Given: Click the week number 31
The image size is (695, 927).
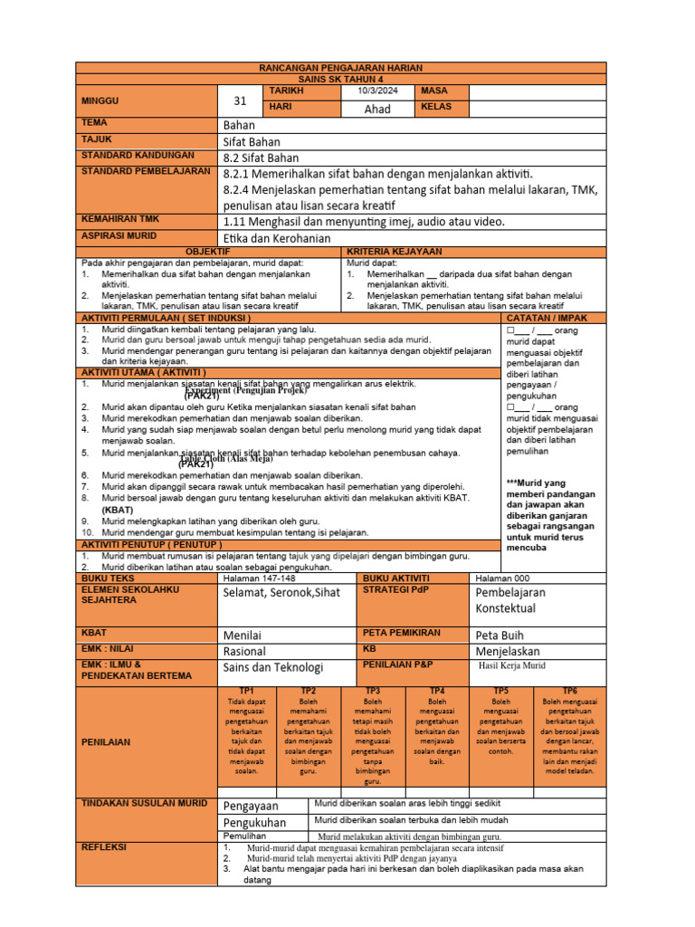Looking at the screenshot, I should [x=240, y=101].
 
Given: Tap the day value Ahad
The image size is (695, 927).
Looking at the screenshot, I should [x=376, y=109].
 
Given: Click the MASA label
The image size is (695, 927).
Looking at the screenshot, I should [x=429, y=91].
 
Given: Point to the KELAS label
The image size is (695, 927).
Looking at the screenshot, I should [x=433, y=108].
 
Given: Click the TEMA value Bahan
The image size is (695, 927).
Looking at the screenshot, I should [x=239, y=125].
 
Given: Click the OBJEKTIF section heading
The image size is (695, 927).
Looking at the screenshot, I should [x=208, y=251].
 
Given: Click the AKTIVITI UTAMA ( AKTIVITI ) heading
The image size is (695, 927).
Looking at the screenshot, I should [x=144, y=372].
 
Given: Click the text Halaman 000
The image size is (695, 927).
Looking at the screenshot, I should [x=502, y=578].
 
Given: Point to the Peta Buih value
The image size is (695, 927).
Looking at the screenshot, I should [x=500, y=635].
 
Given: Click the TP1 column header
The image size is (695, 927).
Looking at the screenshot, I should [x=245, y=691].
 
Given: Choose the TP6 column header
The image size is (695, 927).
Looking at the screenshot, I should [x=569, y=691].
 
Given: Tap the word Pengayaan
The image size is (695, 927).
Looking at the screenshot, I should [x=251, y=806].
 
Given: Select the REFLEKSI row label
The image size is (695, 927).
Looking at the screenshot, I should [x=107, y=847].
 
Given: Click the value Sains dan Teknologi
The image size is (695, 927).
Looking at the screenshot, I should [x=272, y=667].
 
